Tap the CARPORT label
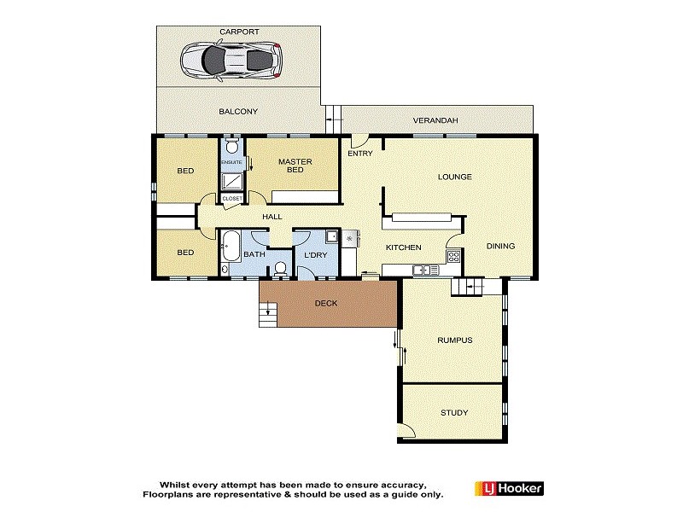pyautogui.click(x=239, y=32)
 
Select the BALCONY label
pyautogui.click(x=238, y=111)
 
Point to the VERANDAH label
pyautogui.click(x=435, y=120)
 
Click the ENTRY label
pyautogui.click(x=359, y=154)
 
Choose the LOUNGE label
pyautogui.click(x=455, y=177)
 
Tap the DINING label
pyautogui.click(x=501, y=247)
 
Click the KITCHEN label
pyautogui.click(x=404, y=247)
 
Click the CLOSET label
pyautogui.click(x=232, y=198)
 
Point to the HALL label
pyautogui.click(x=272, y=217)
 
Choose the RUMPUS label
pyautogui.click(x=454, y=340)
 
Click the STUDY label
pyautogui.click(x=454, y=413)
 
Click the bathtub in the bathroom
pyautogui.click(x=229, y=249)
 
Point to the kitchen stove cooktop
pyautogui.click(x=454, y=255)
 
